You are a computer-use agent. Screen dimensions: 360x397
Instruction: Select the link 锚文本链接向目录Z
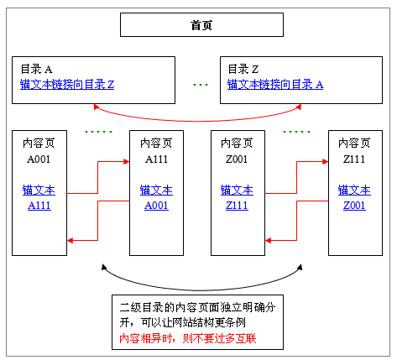67,85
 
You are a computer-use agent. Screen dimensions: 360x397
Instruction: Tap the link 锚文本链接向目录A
275,85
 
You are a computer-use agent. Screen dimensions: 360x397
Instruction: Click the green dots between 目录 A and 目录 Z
200,85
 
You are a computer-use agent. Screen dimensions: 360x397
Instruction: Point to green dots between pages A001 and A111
98,132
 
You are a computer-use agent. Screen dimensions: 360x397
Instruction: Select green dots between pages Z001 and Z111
297,132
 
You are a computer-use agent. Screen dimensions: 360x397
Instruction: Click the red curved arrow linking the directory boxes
200,118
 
